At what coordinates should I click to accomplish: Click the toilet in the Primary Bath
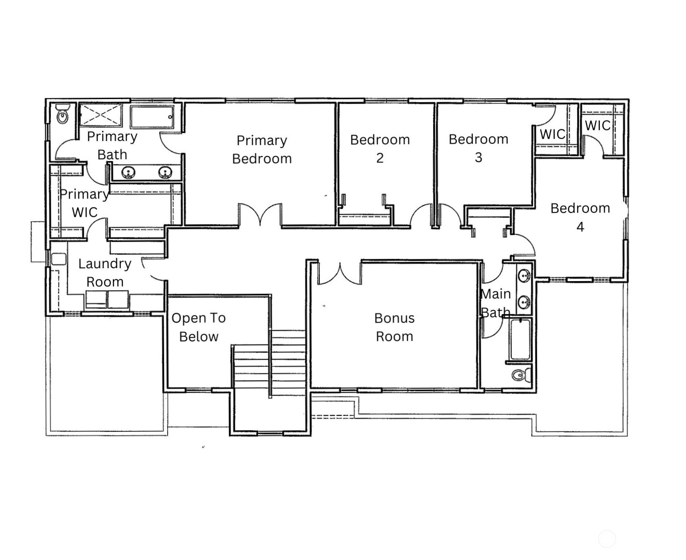coord(62,114)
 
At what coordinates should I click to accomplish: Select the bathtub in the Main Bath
coord(520,340)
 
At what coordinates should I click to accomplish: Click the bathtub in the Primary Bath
coord(152,116)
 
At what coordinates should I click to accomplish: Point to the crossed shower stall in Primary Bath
coord(100,115)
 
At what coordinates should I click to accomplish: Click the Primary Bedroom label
coord(261,149)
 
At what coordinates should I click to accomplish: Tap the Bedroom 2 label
coord(380,149)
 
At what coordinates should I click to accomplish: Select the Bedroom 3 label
coord(478,148)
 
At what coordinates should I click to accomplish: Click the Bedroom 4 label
coord(580,217)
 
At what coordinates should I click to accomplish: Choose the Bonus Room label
coord(394,327)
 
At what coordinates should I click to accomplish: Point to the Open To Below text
coord(198,327)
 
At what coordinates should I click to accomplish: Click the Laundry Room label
coord(105,272)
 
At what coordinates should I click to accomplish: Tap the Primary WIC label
coord(84,203)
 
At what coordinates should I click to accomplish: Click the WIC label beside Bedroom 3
coord(552,134)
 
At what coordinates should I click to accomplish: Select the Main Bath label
coord(496,303)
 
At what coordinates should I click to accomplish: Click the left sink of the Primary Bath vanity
coord(129,172)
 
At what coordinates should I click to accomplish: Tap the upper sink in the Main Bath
coord(524,276)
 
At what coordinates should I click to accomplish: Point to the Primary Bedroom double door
coord(260,215)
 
